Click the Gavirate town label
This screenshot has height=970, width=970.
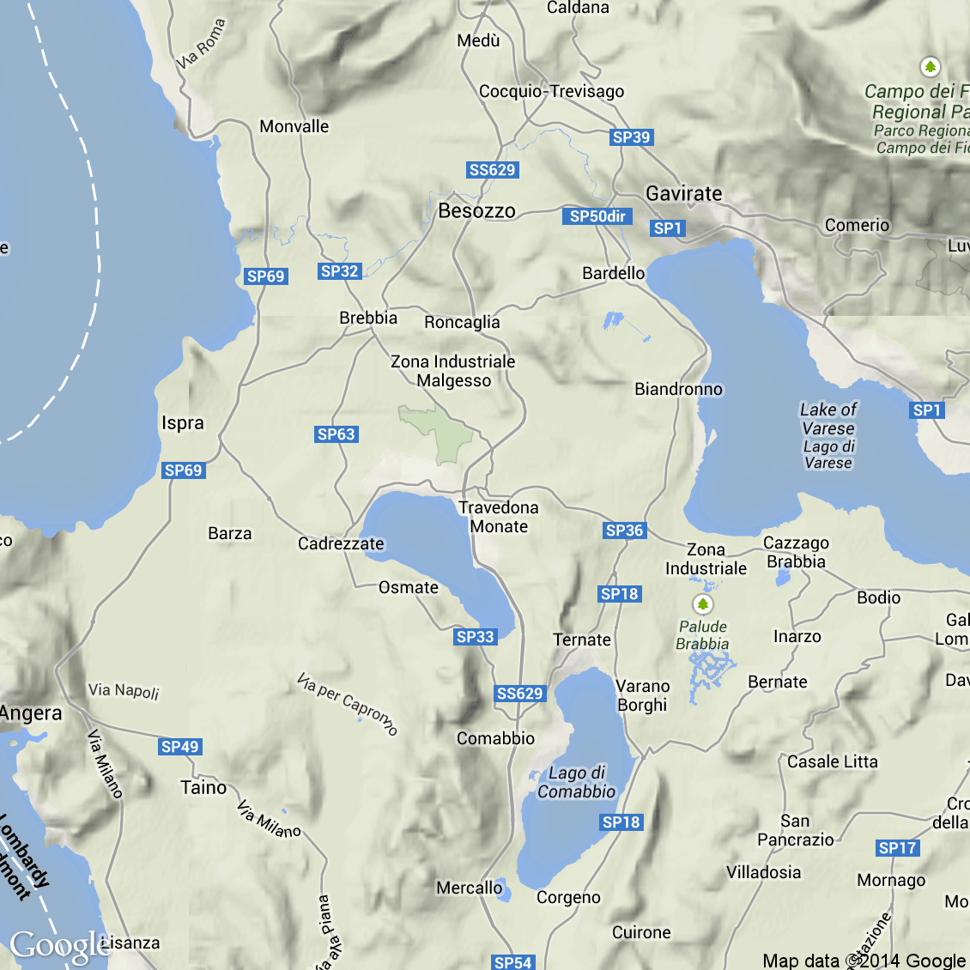point(683,194)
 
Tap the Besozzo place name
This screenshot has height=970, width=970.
point(476,211)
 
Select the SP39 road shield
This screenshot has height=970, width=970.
point(631,137)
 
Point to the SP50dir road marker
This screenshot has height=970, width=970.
point(597,216)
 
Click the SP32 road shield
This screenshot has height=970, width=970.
point(339,271)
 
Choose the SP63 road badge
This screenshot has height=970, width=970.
point(336,434)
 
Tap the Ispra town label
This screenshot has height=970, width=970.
point(183,423)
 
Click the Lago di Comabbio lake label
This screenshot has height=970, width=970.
point(577,783)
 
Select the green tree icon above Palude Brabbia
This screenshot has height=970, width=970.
point(703,604)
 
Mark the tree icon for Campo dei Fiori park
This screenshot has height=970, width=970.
point(930,66)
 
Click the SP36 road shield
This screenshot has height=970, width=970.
point(624,530)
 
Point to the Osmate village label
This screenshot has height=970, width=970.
point(409,588)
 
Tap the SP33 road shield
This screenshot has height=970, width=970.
point(475,637)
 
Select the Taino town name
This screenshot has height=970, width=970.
point(203,788)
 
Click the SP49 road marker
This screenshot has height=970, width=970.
point(180,747)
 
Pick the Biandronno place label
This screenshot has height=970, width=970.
point(678,390)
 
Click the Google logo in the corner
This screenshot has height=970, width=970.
point(58,946)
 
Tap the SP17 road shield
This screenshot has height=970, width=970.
point(898,848)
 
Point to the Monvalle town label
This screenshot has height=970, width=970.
point(294,127)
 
